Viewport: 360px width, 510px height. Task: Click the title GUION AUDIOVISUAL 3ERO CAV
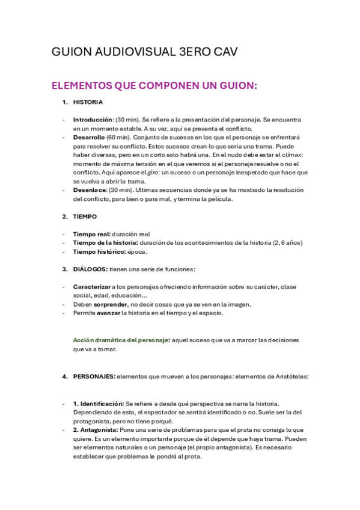[x=144, y=52]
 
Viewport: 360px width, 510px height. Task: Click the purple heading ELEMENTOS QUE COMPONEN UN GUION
[x=154, y=86]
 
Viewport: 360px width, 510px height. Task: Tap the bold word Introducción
[x=93, y=120]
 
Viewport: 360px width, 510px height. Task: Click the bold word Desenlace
[x=89, y=190]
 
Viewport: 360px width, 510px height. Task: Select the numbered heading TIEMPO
[x=85, y=217]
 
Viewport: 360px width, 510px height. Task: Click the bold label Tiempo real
[x=92, y=234]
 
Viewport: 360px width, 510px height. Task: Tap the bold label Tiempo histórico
[x=99, y=251]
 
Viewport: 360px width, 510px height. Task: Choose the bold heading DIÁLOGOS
[x=90, y=269]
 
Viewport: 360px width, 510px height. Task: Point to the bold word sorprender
[x=111, y=304]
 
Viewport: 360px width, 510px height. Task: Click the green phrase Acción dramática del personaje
[x=121, y=340]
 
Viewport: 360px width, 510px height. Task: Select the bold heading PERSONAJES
[x=94, y=376]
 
